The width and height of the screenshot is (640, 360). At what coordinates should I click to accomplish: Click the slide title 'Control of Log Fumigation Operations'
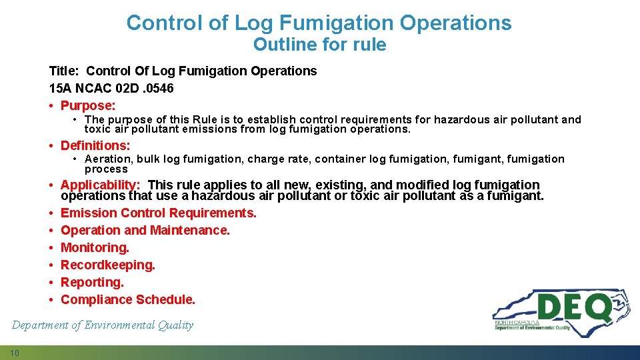(x=319, y=23)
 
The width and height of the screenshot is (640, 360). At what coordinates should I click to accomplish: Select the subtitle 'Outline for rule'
(x=319, y=45)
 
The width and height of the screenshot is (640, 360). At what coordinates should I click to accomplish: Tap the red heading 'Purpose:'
(x=88, y=105)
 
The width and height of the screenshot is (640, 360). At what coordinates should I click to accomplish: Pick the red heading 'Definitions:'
(x=95, y=145)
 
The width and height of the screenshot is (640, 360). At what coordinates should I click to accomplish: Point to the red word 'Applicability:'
(x=100, y=185)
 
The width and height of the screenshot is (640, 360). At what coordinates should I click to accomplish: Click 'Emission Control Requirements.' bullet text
(x=159, y=213)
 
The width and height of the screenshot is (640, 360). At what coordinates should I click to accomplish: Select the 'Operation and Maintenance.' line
(x=145, y=230)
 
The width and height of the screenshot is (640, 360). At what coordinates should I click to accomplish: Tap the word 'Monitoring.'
(x=95, y=247)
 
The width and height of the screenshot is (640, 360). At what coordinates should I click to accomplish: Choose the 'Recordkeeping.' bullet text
(x=108, y=265)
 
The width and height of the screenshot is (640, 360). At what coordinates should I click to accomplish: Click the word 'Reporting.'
(x=92, y=282)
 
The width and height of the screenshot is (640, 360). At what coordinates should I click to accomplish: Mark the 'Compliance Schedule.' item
(x=128, y=299)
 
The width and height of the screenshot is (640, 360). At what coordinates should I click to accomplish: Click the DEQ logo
(x=560, y=314)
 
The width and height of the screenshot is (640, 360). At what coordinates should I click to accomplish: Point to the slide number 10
(x=14, y=353)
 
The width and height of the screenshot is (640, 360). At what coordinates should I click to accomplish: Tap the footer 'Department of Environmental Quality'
(x=103, y=325)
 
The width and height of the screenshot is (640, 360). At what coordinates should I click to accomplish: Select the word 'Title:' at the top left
(x=65, y=71)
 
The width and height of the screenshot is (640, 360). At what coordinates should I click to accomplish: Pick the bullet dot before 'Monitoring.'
(x=52, y=247)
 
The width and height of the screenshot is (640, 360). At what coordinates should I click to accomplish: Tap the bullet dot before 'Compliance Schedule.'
(x=52, y=299)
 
